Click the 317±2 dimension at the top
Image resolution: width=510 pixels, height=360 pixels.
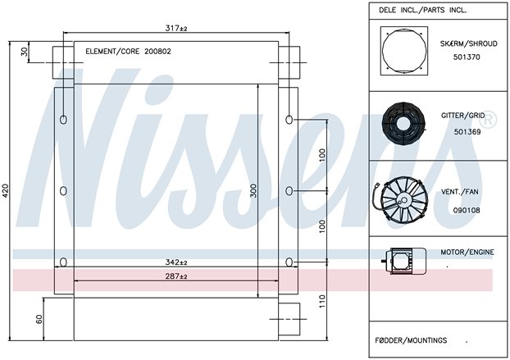pyautogui.click(x=176, y=29)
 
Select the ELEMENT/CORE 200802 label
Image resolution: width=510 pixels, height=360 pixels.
pyautogui.click(x=128, y=52)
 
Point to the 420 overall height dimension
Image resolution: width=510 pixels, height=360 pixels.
pyautogui.click(x=7, y=191)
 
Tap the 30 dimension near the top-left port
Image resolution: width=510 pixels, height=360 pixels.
pyautogui.click(x=25, y=52)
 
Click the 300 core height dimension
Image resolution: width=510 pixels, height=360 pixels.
pyautogui.click(x=253, y=190)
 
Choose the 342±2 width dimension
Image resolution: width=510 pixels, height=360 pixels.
pyautogui.click(x=176, y=262)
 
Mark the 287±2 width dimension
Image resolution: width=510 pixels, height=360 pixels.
pyautogui.click(x=176, y=276)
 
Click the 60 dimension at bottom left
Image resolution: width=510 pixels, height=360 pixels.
pyautogui.click(x=39, y=319)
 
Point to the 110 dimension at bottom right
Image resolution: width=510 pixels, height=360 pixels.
pyautogui.click(x=322, y=302)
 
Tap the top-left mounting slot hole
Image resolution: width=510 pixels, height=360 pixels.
pyautogui.click(x=63, y=120)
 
